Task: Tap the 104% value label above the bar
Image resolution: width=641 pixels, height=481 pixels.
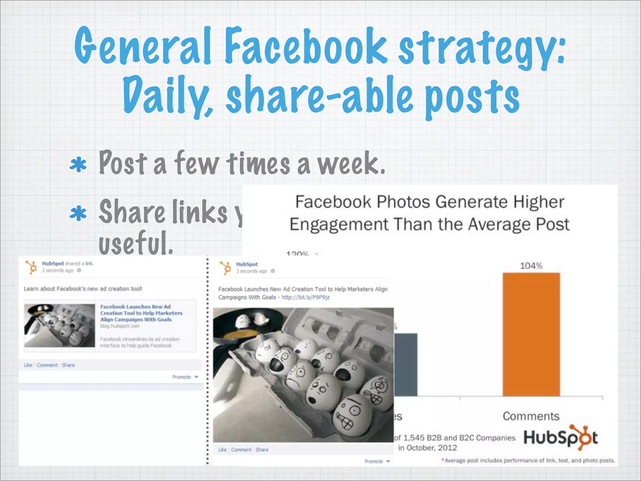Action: pyautogui.click(x=531, y=266)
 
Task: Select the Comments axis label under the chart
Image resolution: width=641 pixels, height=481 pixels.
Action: pyautogui.click(x=531, y=416)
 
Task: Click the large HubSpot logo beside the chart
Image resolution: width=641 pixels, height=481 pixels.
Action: pyautogui.click(x=561, y=437)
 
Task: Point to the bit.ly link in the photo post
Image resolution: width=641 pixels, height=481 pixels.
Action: pyautogui.click(x=305, y=297)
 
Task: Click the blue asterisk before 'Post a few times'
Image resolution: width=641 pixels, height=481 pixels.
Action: pyautogui.click(x=78, y=165)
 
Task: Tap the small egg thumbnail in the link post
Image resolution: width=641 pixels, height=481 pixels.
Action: pyautogui.click(x=59, y=325)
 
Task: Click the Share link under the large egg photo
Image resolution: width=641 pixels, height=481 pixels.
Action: pyautogui.click(x=262, y=450)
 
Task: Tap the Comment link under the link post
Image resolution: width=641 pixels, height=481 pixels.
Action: pyautogui.click(x=47, y=365)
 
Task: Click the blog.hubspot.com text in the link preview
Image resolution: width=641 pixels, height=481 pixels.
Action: pyautogui.click(x=120, y=326)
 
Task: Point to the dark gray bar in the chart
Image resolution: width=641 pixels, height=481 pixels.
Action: pyautogui.click(x=405, y=365)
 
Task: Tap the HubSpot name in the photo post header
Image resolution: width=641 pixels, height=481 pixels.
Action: pyautogui.click(x=247, y=264)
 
